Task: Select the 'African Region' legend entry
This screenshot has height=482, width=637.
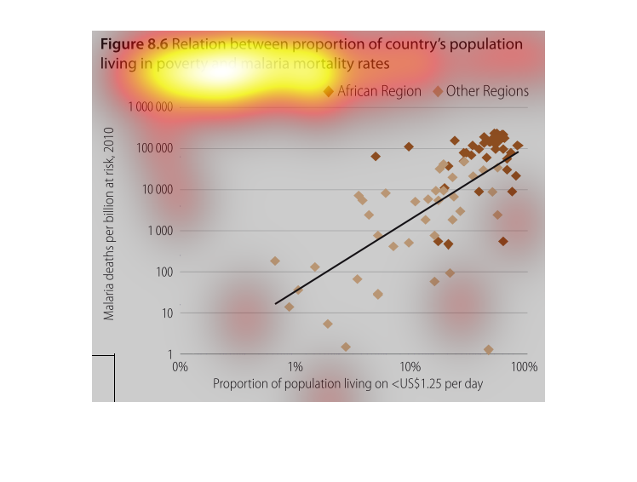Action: [378, 91]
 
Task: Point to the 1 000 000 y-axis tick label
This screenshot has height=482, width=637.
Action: [151, 107]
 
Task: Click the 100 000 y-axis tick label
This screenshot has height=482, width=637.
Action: [154, 149]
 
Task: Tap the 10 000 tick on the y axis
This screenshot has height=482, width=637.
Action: [157, 190]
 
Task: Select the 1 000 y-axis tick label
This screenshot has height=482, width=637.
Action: [159, 232]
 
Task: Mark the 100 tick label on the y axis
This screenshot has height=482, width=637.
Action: [164, 273]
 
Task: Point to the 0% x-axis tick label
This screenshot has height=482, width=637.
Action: [179, 367]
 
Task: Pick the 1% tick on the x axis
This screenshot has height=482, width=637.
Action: [295, 367]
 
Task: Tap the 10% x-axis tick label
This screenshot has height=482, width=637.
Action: [410, 367]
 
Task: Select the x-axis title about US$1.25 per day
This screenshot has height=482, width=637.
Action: [347, 384]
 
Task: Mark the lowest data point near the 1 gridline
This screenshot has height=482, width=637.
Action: [488, 349]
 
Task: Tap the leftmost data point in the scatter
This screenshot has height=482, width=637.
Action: [275, 261]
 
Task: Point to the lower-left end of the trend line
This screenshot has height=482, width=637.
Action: [276, 303]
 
